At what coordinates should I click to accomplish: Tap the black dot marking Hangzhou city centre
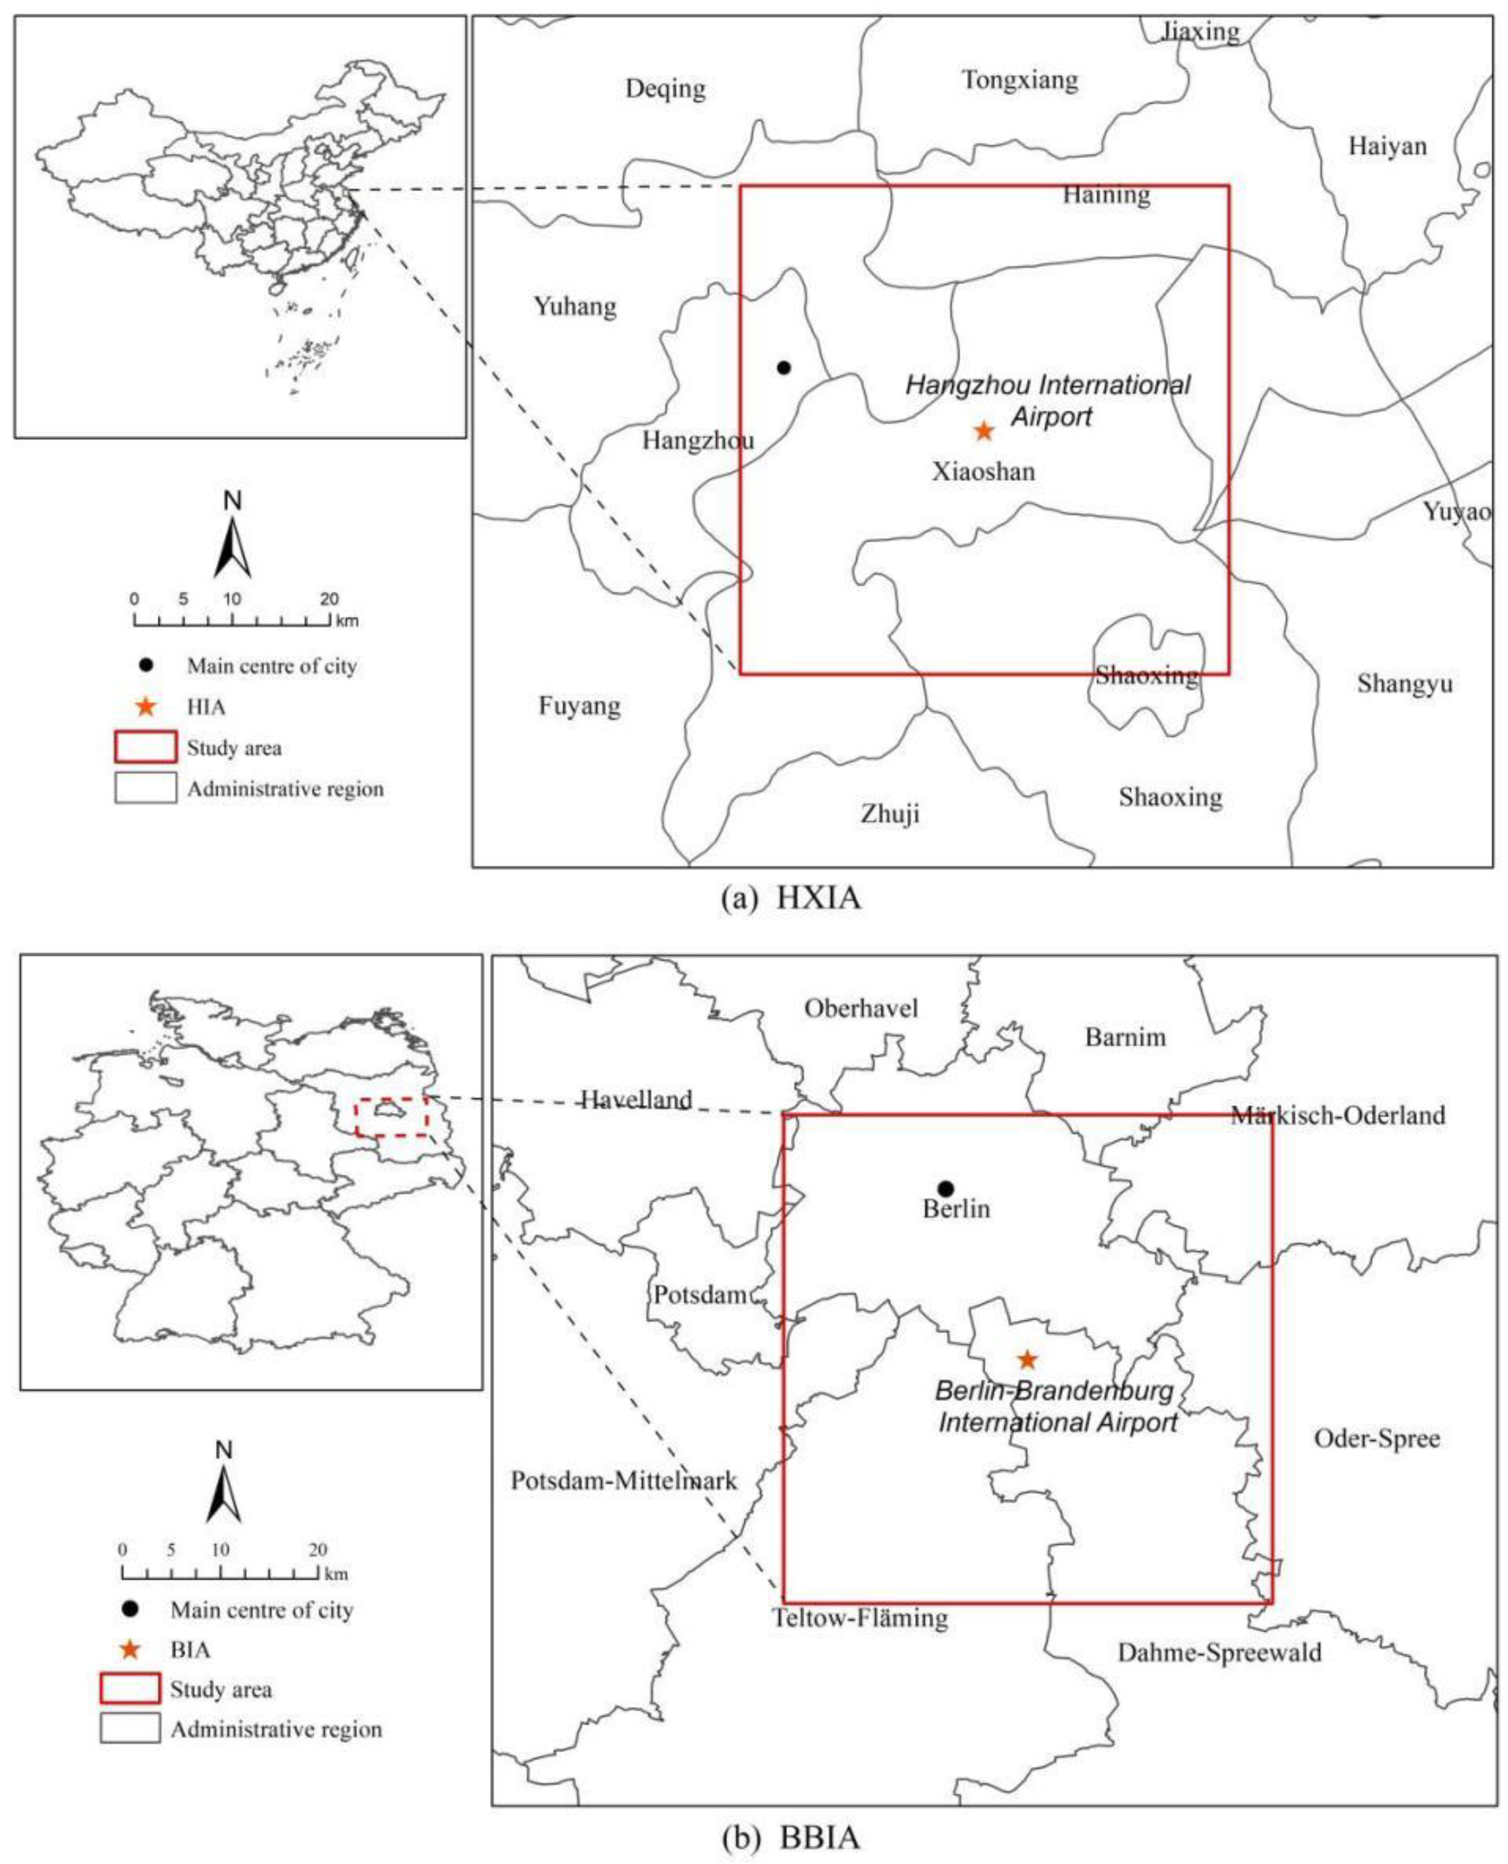pos(784,367)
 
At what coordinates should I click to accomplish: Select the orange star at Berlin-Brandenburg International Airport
pos(1027,1359)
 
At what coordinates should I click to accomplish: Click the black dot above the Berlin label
pos(946,1188)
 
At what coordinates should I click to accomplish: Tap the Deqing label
pos(665,88)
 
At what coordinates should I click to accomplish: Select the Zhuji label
pos(891,814)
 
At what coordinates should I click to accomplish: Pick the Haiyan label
pos(1387,146)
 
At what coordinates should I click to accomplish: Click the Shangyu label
pos(1405,684)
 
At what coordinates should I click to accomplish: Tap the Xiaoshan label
pos(984,472)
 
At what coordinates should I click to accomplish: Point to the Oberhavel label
pos(861,1008)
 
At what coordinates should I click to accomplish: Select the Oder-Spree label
pos(1377,1439)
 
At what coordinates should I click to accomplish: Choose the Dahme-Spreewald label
pos(1219,1652)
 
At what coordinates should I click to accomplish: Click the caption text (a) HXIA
pos(791,898)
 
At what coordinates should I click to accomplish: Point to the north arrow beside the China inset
pos(232,539)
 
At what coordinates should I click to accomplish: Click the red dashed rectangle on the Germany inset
pos(392,1117)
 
